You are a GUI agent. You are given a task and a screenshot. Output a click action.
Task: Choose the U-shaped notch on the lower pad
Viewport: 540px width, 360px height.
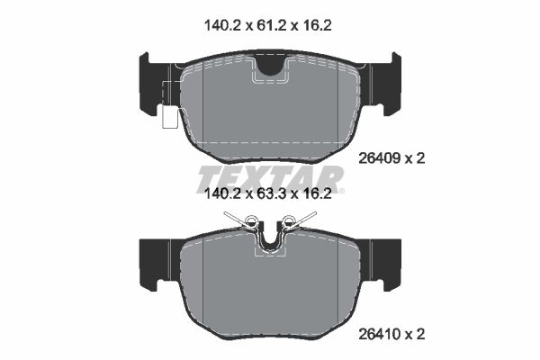(269, 239)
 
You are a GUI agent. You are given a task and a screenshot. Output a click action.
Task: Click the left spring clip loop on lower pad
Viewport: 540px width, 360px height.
(253, 223)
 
